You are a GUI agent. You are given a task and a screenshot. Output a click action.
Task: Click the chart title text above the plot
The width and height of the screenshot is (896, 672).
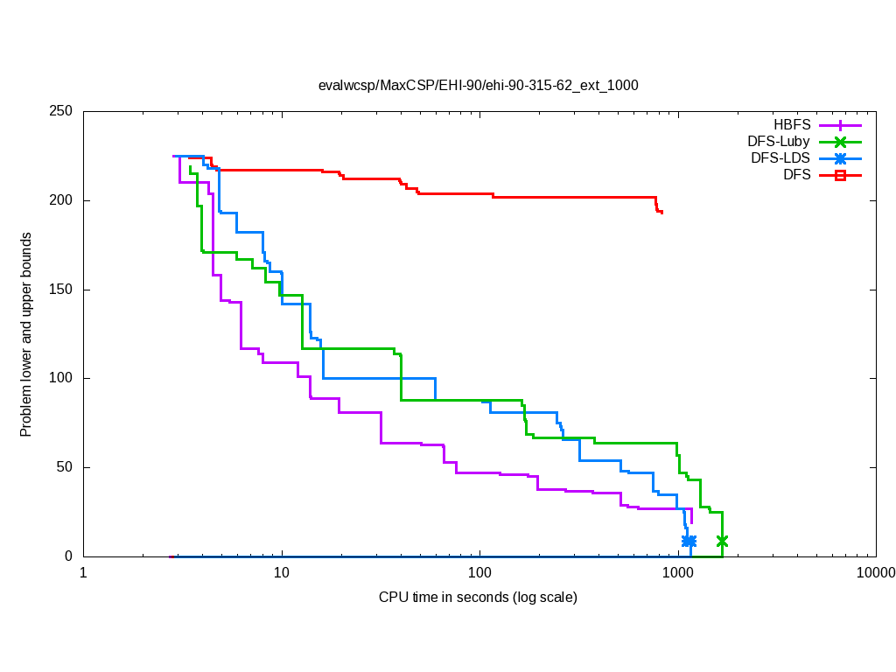[x=478, y=86]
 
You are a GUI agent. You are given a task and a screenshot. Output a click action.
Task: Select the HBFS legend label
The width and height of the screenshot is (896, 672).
[x=792, y=125]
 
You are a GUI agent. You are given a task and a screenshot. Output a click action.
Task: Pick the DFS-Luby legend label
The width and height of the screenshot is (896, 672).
[x=779, y=142]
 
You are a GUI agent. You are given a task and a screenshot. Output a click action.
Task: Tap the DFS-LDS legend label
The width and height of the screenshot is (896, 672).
[x=780, y=158]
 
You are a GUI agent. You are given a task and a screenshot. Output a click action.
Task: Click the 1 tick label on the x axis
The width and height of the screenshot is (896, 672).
[x=83, y=573]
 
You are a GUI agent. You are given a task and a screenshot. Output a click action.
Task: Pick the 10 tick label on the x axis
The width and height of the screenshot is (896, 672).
[x=281, y=573]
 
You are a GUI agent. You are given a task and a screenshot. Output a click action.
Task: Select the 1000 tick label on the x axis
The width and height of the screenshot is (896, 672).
[x=678, y=573]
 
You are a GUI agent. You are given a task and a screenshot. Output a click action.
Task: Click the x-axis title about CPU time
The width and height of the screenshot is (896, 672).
[x=478, y=598]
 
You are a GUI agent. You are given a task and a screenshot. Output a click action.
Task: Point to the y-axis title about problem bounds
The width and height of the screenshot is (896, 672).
[x=26, y=335]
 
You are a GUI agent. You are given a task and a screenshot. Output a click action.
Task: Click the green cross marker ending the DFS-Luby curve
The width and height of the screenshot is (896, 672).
[x=722, y=541]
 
